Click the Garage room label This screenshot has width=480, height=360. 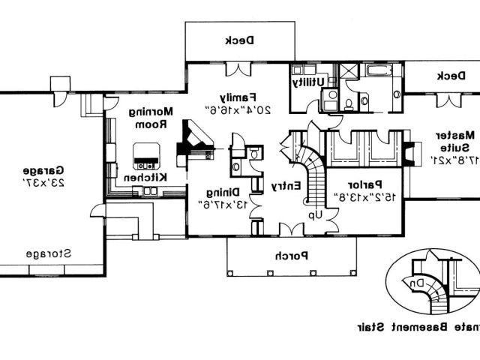tap(36, 170)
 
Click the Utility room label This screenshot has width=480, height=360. tap(309, 81)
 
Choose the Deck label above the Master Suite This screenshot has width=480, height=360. tap(448, 75)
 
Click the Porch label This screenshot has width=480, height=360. tap(289, 255)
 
